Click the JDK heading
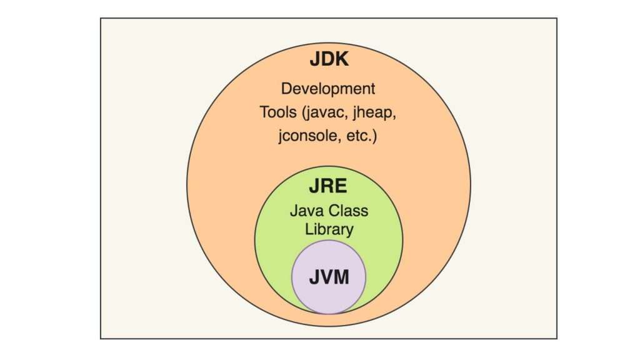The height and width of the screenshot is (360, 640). pyautogui.click(x=329, y=59)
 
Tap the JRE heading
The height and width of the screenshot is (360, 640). pyautogui.click(x=328, y=186)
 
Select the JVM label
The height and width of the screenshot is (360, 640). pyautogui.click(x=329, y=277)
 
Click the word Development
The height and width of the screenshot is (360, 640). pyautogui.click(x=328, y=89)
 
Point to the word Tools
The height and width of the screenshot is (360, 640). pyautogui.click(x=278, y=112)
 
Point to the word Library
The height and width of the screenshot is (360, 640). pyautogui.click(x=329, y=229)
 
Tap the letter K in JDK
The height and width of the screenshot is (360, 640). pyautogui.click(x=342, y=59)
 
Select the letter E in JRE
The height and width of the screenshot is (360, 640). pyautogui.click(x=341, y=186)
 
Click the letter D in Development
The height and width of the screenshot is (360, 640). pyautogui.click(x=286, y=89)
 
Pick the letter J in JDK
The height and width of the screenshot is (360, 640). pyautogui.click(x=314, y=59)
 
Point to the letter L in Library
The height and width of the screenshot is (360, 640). pyautogui.click(x=309, y=229)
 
